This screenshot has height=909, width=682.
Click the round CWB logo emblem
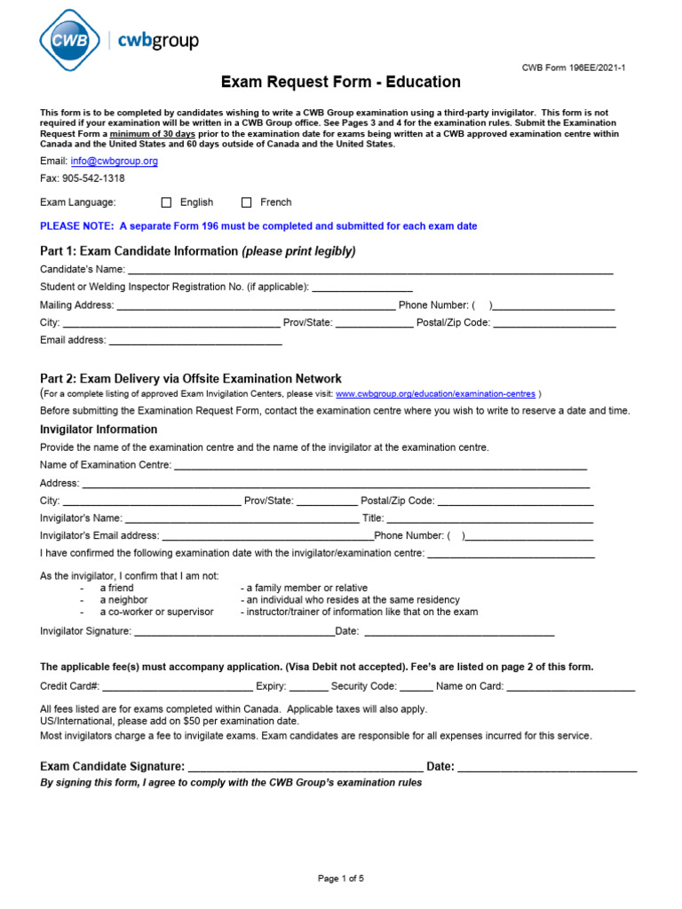coord(70,40)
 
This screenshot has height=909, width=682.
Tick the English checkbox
coord(166,202)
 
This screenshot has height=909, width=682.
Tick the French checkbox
coord(247,202)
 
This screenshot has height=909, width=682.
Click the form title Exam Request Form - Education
coord(341,83)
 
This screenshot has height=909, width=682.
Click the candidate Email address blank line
coord(194,341)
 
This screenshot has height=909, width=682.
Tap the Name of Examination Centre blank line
coord(380,465)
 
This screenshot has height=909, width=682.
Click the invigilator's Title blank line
coord(489,518)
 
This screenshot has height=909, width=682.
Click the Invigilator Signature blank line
coord(234,631)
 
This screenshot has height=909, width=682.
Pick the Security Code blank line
coord(416,687)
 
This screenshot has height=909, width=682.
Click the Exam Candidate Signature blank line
coord(305,768)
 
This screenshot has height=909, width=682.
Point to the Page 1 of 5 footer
coord(341,879)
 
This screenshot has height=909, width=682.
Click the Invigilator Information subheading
coord(99,430)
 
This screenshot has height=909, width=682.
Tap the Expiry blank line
coord(308,687)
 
